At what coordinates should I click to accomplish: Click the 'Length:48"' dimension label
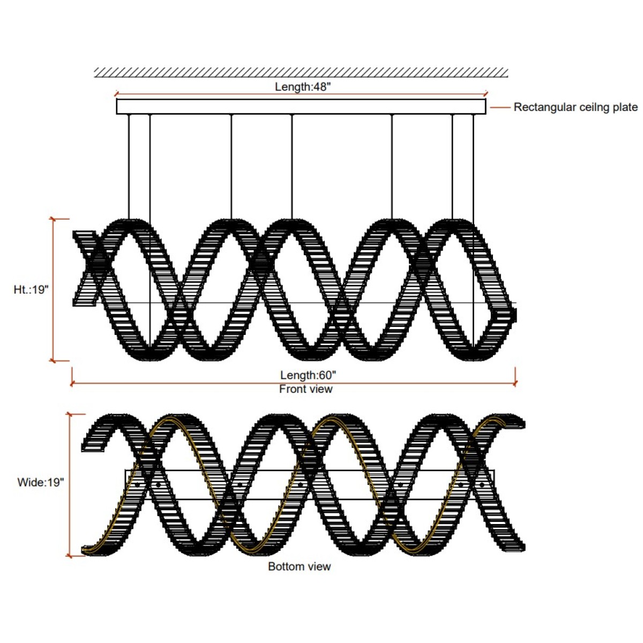[x=302, y=87]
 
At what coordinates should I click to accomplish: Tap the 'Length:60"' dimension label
[x=308, y=375]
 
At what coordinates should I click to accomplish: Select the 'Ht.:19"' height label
[x=31, y=289]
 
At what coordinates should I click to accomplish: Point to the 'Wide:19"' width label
[x=40, y=482]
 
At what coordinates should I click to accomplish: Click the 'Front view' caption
[x=305, y=389]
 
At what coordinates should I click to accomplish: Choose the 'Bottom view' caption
[x=300, y=566]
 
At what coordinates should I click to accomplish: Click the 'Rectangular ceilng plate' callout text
[x=575, y=107]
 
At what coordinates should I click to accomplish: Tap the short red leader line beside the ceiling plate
[x=500, y=108]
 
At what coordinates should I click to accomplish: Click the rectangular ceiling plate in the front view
[x=301, y=107]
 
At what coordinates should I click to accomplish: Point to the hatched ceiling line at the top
[x=301, y=72]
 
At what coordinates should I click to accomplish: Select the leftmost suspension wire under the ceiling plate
[x=129, y=167]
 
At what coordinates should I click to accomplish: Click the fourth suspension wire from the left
[x=292, y=167]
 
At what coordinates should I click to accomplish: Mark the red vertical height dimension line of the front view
[x=53, y=290]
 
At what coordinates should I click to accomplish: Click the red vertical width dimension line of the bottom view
[x=70, y=485]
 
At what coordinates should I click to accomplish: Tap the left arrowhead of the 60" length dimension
[x=71, y=384]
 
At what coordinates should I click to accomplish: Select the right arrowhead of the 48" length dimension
[x=487, y=93]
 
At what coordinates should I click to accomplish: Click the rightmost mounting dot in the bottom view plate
[x=482, y=484]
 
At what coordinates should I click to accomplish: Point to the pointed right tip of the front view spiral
[x=516, y=315]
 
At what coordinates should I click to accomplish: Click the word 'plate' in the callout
[x=624, y=108]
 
